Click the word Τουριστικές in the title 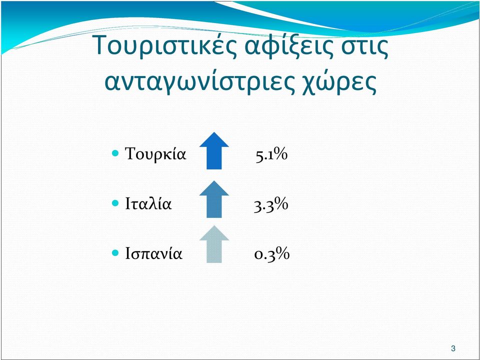tap(166, 45)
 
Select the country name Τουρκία tap(155, 153)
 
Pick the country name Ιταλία tap(148, 203)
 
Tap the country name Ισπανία tap(153, 253)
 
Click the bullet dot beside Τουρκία tap(115, 153)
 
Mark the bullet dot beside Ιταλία tap(115, 203)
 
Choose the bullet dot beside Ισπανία tap(115, 253)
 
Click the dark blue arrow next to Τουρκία tap(214, 150)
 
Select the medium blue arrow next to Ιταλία tap(214, 199)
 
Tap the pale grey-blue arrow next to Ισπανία tap(214, 244)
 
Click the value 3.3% tap(271, 204)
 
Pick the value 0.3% tap(272, 254)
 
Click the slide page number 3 tap(453, 348)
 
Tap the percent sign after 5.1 tap(281, 154)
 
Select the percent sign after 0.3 tap(282, 254)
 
